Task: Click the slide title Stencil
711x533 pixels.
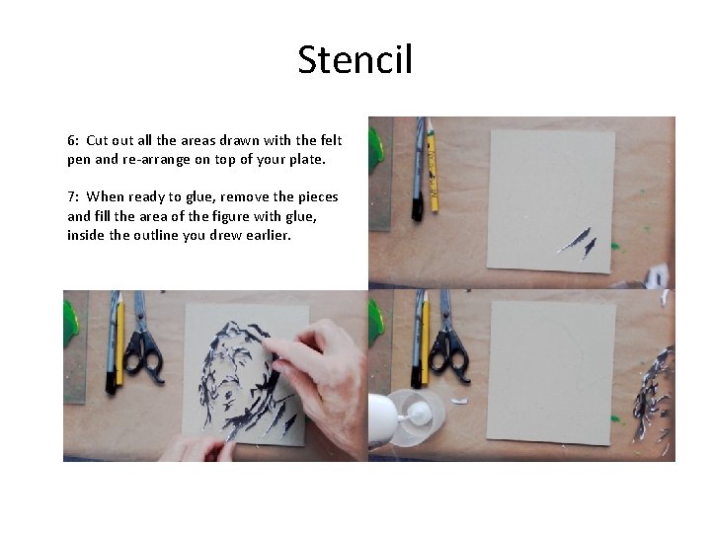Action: click(x=355, y=61)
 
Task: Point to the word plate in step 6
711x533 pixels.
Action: click(x=302, y=159)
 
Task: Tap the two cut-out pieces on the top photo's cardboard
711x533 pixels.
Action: click(x=577, y=242)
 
